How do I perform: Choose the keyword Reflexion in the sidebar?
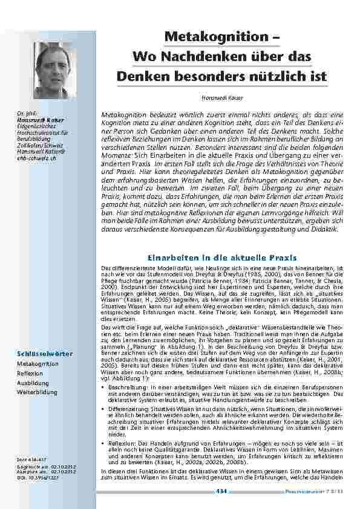point(30,373)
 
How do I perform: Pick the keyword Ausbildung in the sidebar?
point(31,383)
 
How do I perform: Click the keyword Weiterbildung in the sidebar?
point(34,392)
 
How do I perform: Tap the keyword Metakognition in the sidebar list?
point(38,364)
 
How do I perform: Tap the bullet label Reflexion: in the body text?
point(119,444)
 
